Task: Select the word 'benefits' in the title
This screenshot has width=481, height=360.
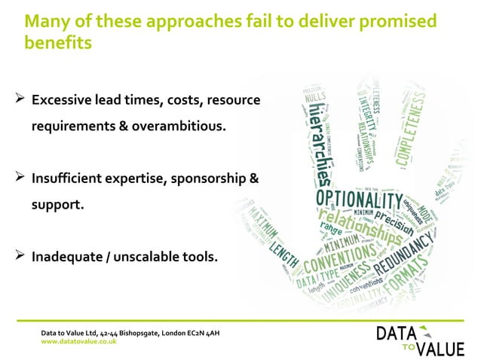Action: pos(59,43)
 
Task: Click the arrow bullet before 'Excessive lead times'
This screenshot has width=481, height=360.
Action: pos(20,99)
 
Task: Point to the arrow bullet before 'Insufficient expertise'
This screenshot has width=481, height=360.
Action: pos(20,178)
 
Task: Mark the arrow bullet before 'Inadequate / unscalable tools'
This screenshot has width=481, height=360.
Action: pos(20,257)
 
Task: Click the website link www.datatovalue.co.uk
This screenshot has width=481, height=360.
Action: pos(78,341)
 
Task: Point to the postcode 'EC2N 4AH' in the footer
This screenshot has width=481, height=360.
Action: pos(197,332)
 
